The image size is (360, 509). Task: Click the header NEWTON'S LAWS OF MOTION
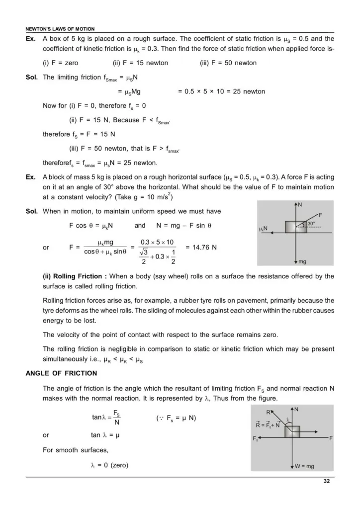60,29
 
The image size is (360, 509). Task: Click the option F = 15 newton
141,63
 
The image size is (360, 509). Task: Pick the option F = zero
61,63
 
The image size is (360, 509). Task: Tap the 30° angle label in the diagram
311,224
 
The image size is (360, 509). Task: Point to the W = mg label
304,466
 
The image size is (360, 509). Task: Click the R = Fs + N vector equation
268,425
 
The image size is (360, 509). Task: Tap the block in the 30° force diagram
296,227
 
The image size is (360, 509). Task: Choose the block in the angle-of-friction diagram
292,431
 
